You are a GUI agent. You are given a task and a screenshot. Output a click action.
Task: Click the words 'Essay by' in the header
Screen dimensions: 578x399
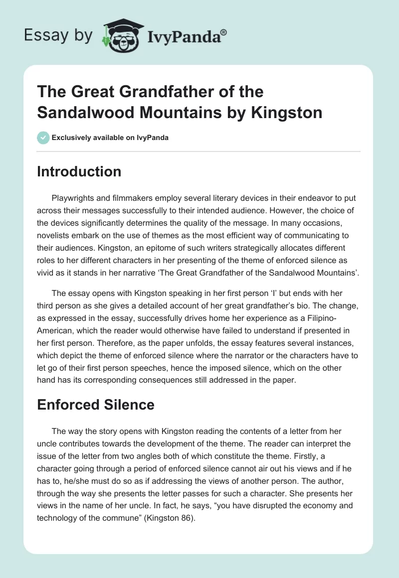(x=57, y=36)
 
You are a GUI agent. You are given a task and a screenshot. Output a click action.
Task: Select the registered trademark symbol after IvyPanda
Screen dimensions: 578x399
(x=224, y=32)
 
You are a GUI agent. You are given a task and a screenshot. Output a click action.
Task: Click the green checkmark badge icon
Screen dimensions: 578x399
(x=43, y=138)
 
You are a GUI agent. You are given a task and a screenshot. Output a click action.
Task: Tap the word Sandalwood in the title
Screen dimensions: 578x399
(x=87, y=113)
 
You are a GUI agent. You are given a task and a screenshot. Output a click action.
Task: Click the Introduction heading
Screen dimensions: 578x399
(x=79, y=172)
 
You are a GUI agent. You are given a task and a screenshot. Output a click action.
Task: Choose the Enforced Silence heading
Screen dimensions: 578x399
(x=95, y=405)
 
